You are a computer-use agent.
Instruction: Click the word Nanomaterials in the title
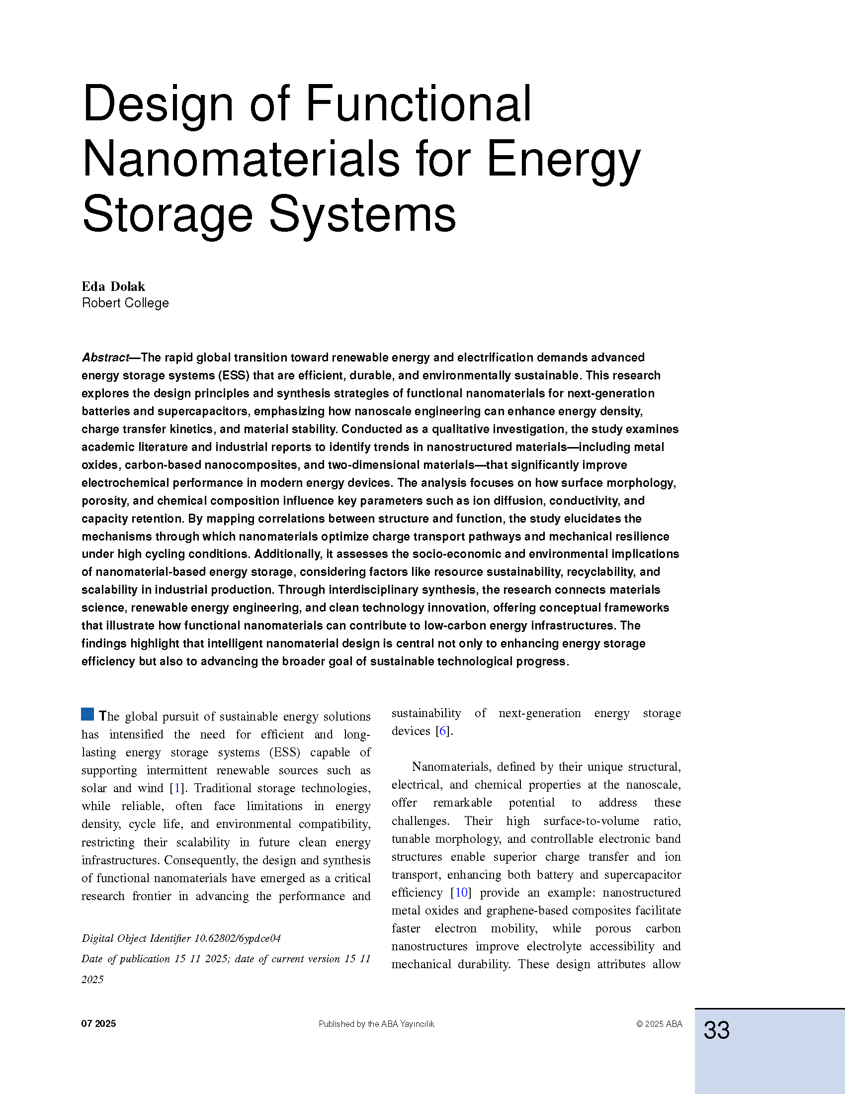(x=241, y=159)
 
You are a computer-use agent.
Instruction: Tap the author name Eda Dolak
(x=113, y=286)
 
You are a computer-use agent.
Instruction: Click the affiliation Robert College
(x=125, y=303)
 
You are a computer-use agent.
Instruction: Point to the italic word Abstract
(x=105, y=358)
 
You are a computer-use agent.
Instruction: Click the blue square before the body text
(x=87, y=714)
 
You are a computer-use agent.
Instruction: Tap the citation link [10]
(x=461, y=892)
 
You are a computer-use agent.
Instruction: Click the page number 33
(x=716, y=1030)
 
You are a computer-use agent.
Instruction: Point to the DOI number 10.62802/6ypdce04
(x=237, y=938)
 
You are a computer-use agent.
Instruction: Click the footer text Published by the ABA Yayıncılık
(x=376, y=1024)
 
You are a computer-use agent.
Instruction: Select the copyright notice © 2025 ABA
(x=659, y=1024)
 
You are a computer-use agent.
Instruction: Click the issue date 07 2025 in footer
(x=98, y=1024)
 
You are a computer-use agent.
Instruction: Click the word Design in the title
(x=158, y=104)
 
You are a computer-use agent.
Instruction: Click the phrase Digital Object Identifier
(x=136, y=938)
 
